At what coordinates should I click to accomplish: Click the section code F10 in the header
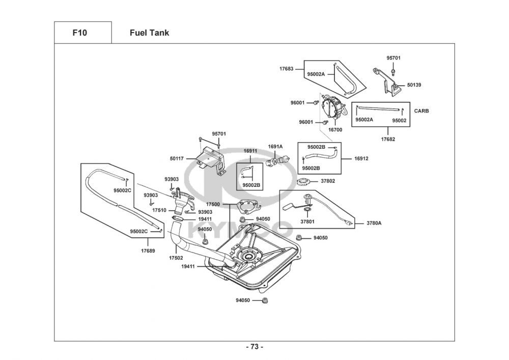coord(79,33)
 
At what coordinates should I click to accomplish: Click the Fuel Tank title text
coord(149,33)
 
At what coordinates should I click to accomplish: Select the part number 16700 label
coord(335,130)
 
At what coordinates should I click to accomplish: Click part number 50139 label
coord(414,85)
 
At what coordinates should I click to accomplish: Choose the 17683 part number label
coord(286,68)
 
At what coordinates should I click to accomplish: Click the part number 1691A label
coord(275,147)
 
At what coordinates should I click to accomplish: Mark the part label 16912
coord(361,158)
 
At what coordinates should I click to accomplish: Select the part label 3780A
coord(374,223)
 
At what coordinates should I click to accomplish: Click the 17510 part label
coord(159,210)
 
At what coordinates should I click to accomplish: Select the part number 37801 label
coord(307,221)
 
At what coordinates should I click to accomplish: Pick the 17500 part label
coord(213,204)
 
